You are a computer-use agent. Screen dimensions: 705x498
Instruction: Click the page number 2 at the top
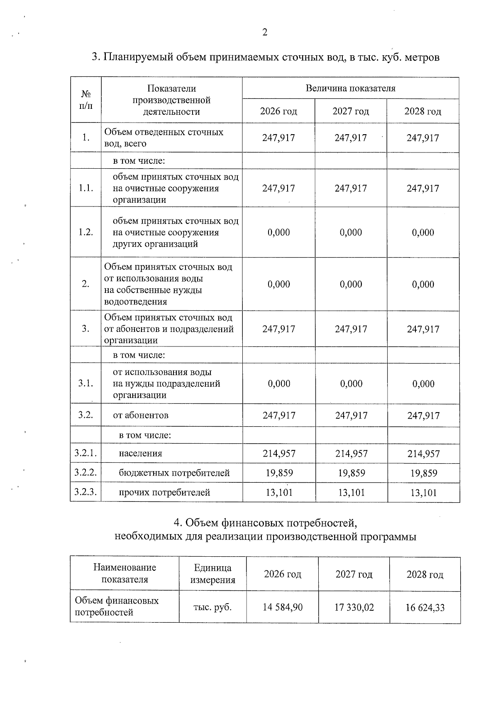coord(265,32)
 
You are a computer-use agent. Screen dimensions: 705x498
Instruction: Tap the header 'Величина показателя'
coord(350,88)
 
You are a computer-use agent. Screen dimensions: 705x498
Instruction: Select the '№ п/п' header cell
coord(85,100)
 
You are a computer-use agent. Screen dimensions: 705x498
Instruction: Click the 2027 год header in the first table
coord(351,111)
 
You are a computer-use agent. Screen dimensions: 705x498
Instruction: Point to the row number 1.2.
coord(85,232)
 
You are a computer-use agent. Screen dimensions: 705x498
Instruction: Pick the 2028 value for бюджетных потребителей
coord(423,473)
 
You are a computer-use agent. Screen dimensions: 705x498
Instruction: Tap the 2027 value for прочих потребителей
coord(351,493)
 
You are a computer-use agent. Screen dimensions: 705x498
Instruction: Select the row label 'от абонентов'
coord(141,415)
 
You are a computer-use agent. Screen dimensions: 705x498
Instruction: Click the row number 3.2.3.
coord(85,492)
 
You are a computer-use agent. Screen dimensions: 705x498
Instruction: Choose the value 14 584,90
coord(283,607)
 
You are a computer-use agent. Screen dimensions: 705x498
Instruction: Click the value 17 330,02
coord(354,607)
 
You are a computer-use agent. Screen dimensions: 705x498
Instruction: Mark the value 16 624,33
coord(425,608)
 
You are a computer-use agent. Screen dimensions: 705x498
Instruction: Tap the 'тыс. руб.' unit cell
coord(212,607)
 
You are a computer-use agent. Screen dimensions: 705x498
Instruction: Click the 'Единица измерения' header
coord(212,574)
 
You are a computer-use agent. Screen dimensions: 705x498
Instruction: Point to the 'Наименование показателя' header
coord(124,574)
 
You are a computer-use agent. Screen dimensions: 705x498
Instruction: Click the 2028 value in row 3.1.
coord(423,384)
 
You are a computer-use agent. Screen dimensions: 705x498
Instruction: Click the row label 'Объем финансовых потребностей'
coord(117,607)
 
